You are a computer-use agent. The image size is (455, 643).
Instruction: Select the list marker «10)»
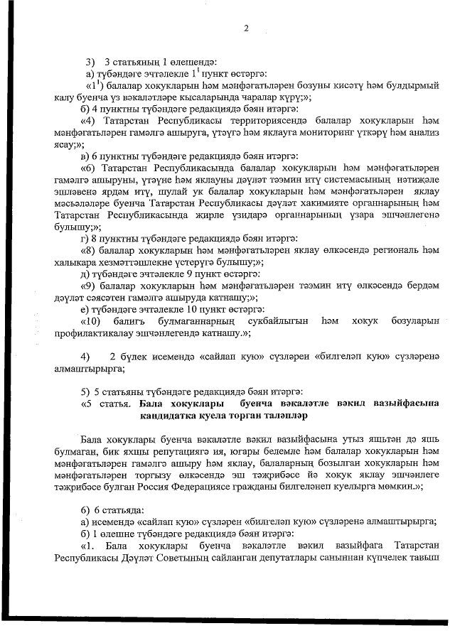point(93,321)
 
